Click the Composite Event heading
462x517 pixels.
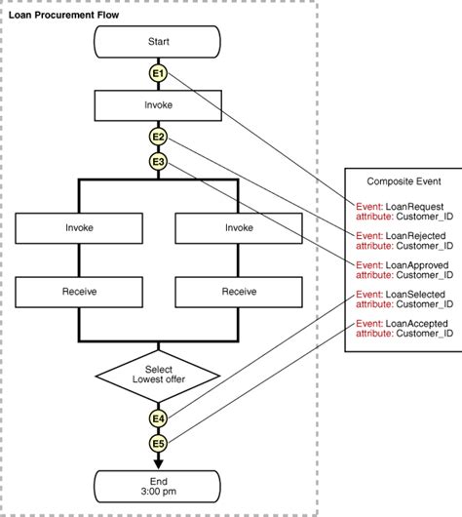point(402,182)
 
